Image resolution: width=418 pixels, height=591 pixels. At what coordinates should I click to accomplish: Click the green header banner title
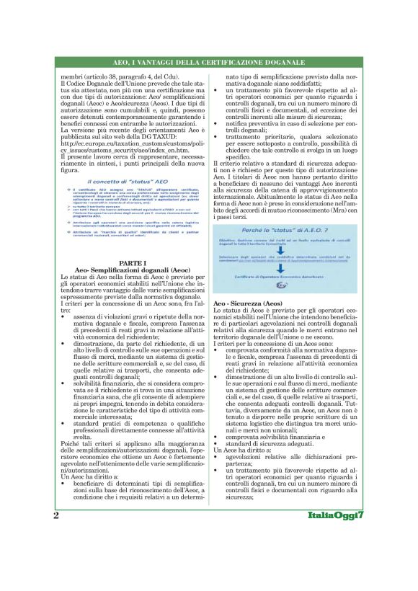click(x=208, y=63)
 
